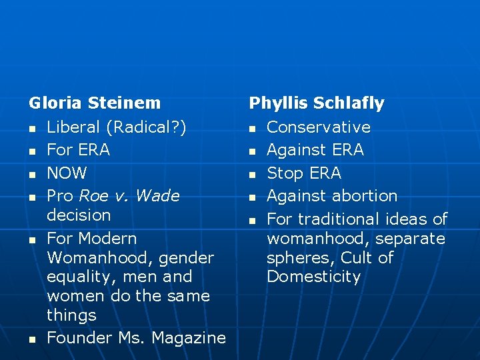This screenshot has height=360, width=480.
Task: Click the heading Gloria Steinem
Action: coord(95,103)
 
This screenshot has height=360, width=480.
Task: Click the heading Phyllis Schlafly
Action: coord(317,103)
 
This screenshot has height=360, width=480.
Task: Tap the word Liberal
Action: coord(73,127)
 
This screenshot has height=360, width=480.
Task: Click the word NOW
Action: coord(67,173)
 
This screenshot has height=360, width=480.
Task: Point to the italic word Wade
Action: coord(157,196)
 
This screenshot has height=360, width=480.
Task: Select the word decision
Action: coord(79,215)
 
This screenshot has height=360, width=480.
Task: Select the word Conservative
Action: coord(319,127)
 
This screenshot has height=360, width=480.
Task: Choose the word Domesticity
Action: coord(313,277)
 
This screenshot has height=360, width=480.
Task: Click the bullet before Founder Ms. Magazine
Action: coord(31,339)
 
